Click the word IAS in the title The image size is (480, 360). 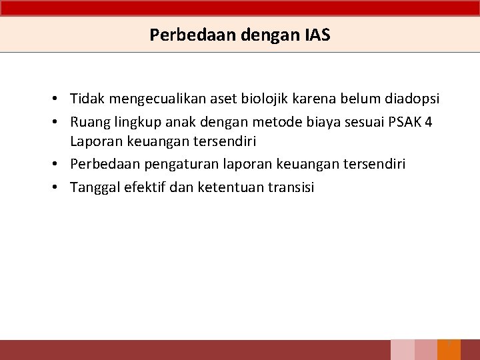point(317,35)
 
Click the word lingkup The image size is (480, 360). point(133,121)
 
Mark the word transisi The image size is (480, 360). point(291,187)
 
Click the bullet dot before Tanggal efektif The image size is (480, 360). point(60,187)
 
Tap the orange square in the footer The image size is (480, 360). point(449,350)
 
